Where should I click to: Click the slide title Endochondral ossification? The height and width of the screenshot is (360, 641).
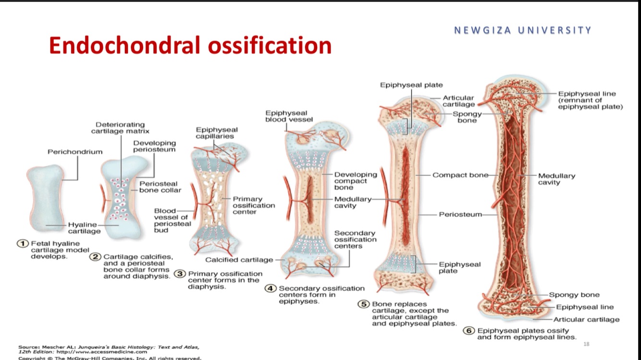pos(190,46)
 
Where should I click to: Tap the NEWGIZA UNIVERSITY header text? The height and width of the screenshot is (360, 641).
pos(523,30)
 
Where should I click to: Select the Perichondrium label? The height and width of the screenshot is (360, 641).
pos(75,152)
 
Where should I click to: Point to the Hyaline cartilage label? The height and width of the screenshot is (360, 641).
pos(84,228)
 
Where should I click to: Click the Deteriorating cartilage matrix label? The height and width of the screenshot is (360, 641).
pos(120,128)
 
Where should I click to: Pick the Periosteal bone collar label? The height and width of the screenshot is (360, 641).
pos(160,187)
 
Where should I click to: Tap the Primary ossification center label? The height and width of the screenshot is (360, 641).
pos(254,205)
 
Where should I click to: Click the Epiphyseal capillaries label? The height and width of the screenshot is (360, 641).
pos(216,133)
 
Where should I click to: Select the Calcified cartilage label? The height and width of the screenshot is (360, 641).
pos(239,260)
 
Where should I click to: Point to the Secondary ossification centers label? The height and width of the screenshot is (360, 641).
pos(355,239)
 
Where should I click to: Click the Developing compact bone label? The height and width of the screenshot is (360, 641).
pos(356,181)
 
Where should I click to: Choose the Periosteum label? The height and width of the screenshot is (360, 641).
pos(460,214)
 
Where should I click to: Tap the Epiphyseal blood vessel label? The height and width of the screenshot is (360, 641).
pos(289,116)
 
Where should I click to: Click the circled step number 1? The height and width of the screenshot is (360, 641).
pos(22,244)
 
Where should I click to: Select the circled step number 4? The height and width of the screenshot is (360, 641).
pos(271,288)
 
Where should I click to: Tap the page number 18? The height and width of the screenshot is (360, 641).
pos(585,344)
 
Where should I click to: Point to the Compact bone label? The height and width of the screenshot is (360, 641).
pos(460,175)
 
